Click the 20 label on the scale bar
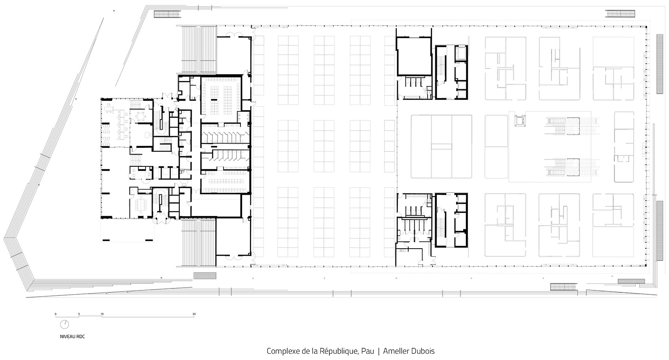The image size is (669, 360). (194, 314)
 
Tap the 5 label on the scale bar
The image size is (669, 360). (79, 314)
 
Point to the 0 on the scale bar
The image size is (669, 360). (55, 314)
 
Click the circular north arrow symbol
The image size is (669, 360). (65, 324)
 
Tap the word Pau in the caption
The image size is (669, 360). (367, 351)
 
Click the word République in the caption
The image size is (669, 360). (338, 351)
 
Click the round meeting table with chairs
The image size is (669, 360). (140, 116)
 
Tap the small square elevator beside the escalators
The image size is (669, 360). (520, 121)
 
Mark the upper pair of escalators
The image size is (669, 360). (572, 126)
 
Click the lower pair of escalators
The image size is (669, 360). (572, 167)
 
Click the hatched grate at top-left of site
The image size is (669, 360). (167, 14)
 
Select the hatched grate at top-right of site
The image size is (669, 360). (620, 14)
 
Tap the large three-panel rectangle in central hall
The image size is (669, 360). (442, 147)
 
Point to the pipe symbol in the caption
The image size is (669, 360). (379, 351)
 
